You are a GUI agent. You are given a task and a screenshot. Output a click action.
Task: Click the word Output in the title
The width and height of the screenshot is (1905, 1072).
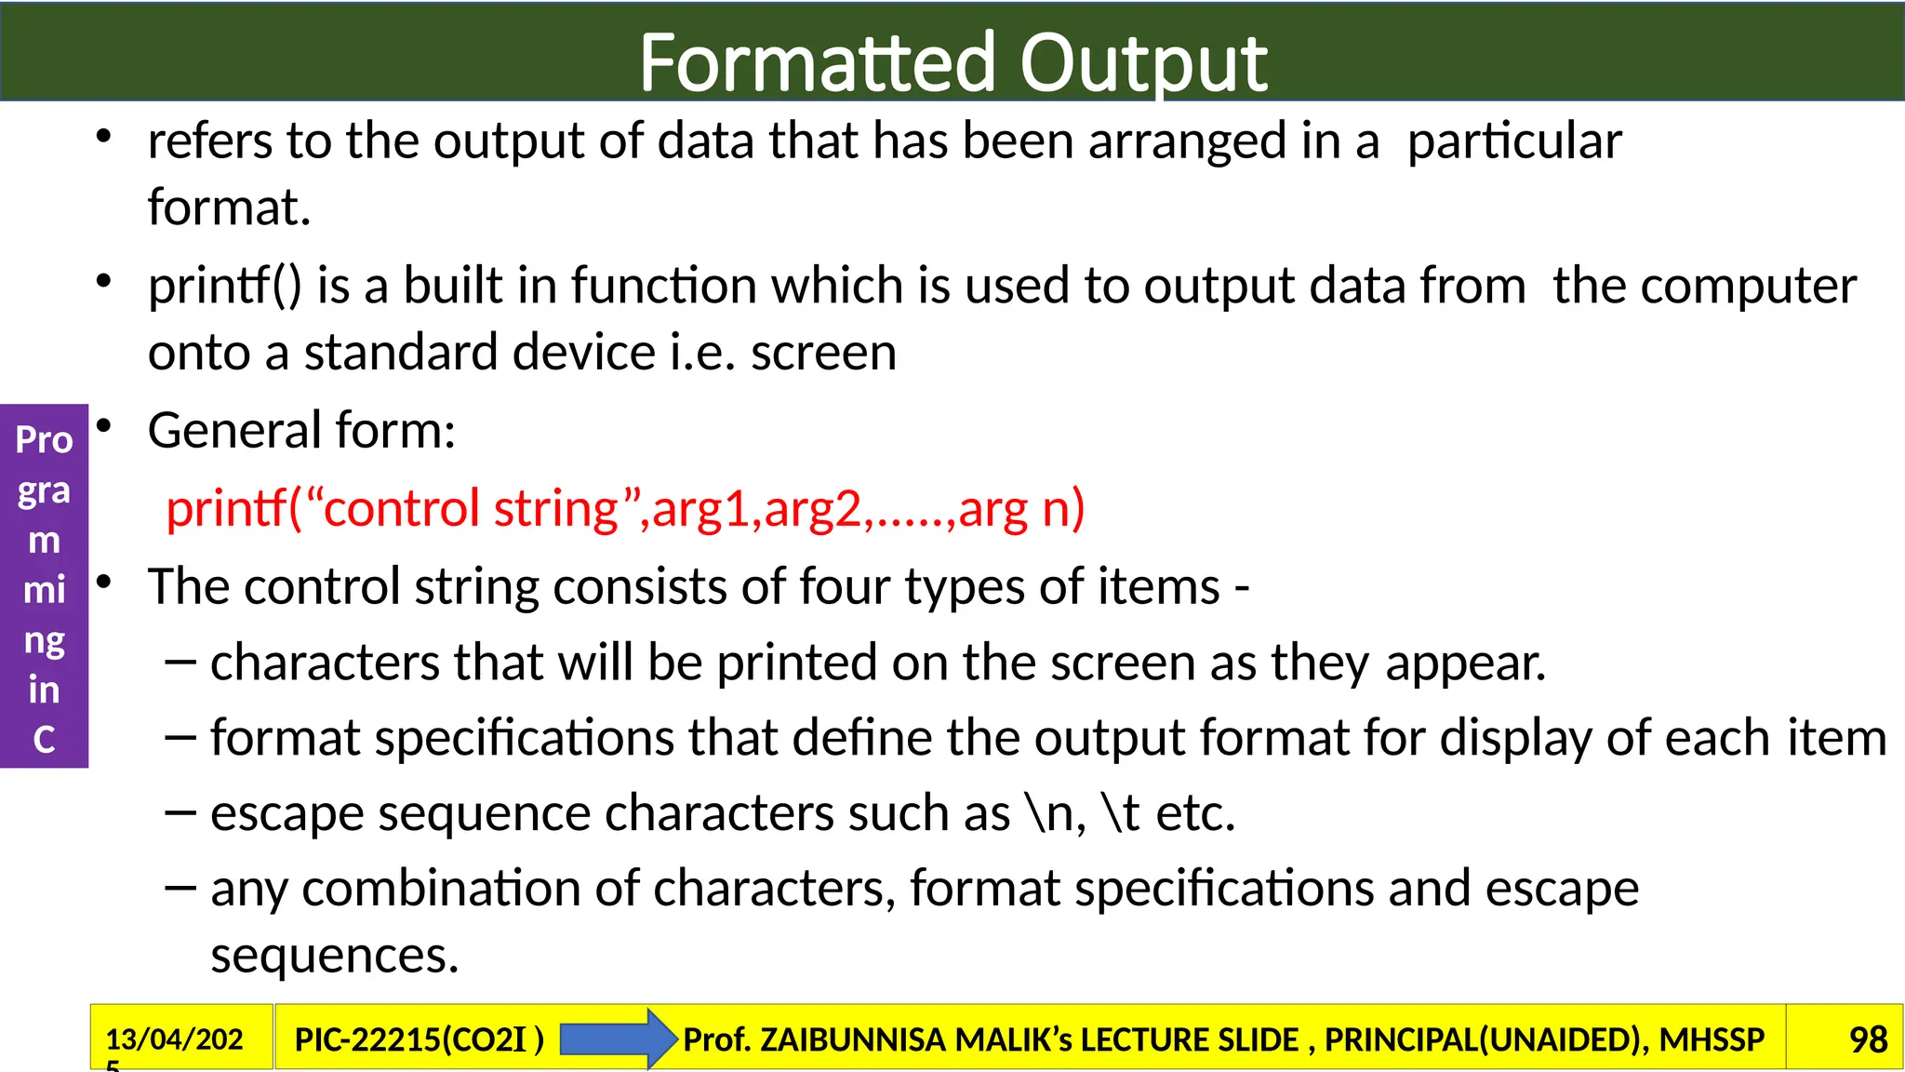coord(1143,63)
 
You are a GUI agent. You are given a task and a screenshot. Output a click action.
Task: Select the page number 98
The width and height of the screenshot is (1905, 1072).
coord(1868,1038)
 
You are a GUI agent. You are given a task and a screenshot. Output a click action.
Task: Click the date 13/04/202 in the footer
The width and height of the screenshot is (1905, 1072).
coord(174,1038)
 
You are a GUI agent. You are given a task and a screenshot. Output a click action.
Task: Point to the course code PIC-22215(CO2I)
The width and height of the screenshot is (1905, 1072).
coord(419,1038)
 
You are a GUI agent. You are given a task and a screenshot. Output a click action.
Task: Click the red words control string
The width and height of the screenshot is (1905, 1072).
coord(470,509)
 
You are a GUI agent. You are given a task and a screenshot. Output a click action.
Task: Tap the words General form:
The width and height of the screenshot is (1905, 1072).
coord(301,431)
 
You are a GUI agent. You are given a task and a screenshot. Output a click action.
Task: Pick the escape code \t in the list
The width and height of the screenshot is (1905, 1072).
coord(1120,813)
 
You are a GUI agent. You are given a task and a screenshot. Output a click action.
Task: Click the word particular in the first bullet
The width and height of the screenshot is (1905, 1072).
coord(1513,141)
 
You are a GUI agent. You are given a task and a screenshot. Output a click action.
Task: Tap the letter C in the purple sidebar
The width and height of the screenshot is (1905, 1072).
coord(44,740)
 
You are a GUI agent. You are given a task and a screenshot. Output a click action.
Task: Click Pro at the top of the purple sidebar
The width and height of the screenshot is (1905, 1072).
coord(44,439)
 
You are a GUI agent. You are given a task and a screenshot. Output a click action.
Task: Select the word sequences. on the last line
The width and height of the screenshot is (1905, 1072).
coord(334,956)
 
